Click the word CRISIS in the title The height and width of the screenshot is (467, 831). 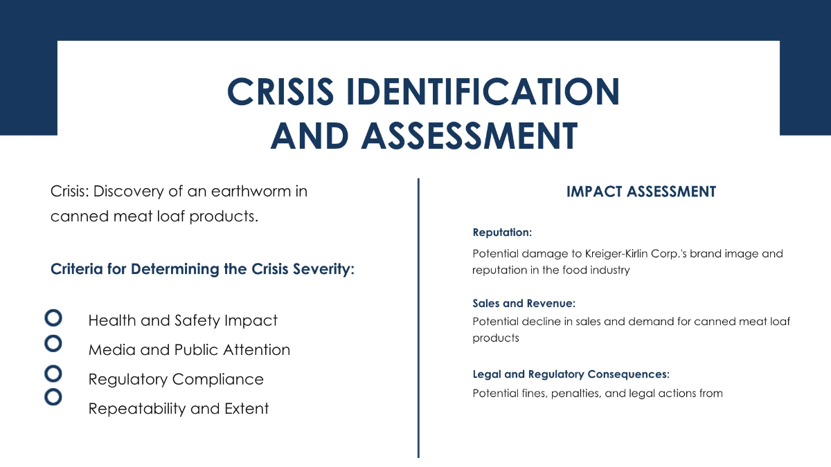point(280,91)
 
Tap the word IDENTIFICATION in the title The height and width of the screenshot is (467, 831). point(483,91)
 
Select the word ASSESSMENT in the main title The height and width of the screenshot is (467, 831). point(469,136)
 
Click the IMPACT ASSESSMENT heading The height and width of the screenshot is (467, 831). point(641,192)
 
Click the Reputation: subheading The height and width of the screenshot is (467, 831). point(502,232)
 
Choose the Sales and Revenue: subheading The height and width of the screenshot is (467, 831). point(524,303)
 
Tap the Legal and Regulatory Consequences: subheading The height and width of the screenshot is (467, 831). point(571,374)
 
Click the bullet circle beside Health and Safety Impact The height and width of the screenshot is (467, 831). point(53,310)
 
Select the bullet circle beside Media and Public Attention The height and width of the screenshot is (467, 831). point(53,336)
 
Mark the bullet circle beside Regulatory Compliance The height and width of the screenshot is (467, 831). point(53,366)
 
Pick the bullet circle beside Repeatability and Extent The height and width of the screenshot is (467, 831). point(53,389)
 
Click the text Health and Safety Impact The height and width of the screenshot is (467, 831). point(183,320)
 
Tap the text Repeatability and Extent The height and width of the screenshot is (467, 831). point(179,408)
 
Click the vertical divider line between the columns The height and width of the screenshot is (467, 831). point(418,318)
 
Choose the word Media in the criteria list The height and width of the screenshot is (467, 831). point(112,350)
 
